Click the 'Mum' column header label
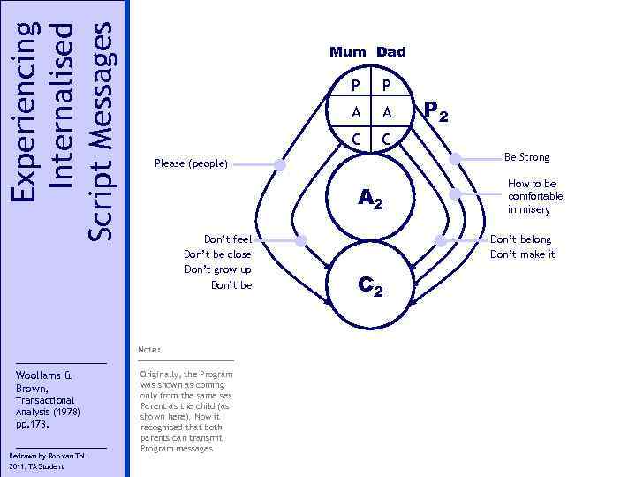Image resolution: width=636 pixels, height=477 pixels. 349,52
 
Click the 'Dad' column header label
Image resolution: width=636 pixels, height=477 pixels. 390,52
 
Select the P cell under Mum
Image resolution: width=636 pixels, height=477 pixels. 355,85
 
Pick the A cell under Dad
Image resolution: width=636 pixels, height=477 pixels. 386,111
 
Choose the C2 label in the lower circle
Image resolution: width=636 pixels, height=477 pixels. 370,285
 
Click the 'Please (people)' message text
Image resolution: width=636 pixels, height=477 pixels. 191,163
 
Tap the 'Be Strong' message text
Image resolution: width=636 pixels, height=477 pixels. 526,157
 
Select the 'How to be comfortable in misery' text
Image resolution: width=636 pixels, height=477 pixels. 535,196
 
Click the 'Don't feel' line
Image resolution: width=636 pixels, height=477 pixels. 228,239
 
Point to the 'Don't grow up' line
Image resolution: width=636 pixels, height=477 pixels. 217,269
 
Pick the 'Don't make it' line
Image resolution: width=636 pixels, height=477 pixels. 523,254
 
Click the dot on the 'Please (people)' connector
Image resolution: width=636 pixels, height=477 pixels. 280,164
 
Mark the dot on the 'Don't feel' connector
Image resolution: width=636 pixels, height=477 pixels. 300,240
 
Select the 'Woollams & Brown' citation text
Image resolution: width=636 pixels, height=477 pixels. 37,381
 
